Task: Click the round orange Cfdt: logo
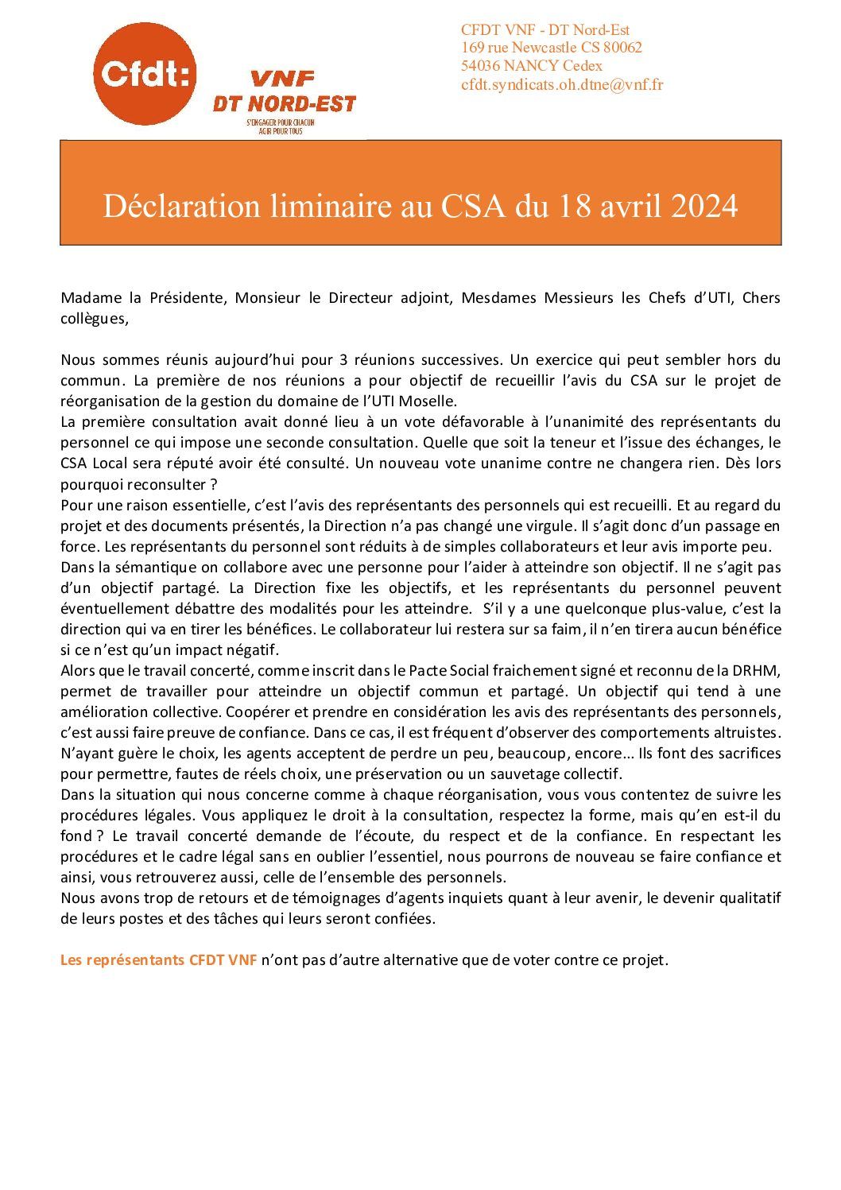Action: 145,74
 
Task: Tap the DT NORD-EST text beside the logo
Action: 284,103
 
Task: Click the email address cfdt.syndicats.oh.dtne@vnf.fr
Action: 561,84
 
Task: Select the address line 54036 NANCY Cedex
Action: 531,66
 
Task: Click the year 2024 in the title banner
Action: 704,206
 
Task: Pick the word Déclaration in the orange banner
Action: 181,206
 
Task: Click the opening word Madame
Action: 90,298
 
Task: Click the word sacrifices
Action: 746,753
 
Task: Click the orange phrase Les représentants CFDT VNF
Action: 158,960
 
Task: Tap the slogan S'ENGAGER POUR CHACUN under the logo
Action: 281,123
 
